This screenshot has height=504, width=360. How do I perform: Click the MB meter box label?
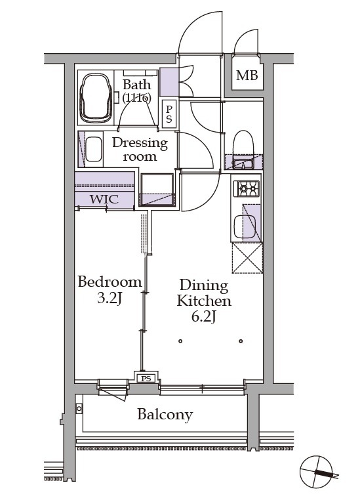pyautogui.click(x=247, y=75)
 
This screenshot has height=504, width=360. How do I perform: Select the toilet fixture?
pyautogui.click(x=243, y=143)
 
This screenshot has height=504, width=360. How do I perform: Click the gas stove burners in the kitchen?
pyautogui.click(x=247, y=188)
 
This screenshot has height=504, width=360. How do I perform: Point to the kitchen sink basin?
pyautogui.click(x=245, y=226)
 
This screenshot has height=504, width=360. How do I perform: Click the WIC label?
pyautogui.click(x=104, y=199)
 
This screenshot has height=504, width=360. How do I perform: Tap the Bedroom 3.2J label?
pyautogui.click(x=110, y=290)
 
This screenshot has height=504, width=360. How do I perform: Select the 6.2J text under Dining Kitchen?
pyautogui.click(x=203, y=317)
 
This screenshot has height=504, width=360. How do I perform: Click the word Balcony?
pyautogui.click(x=165, y=415)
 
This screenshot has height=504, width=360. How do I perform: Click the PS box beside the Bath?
pyautogui.click(x=169, y=114)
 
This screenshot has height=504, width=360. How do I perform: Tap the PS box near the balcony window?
pyautogui.click(x=146, y=379)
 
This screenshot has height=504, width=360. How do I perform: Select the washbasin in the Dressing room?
pyautogui.click(x=94, y=150)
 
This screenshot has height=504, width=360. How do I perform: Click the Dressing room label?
pyautogui.click(x=140, y=150)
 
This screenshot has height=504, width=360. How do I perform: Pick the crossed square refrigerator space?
pyautogui.click(x=247, y=258)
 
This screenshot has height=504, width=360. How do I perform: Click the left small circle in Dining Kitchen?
pyautogui.click(x=180, y=341)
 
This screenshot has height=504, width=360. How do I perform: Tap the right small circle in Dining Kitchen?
pyautogui.click(x=241, y=341)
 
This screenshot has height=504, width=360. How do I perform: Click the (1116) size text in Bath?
pyautogui.click(x=136, y=97)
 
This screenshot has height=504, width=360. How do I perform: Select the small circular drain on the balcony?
pyautogui.click(x=79, y=409)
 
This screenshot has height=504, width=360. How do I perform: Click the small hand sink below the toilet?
pyautogui.click(x=243, y=164)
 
